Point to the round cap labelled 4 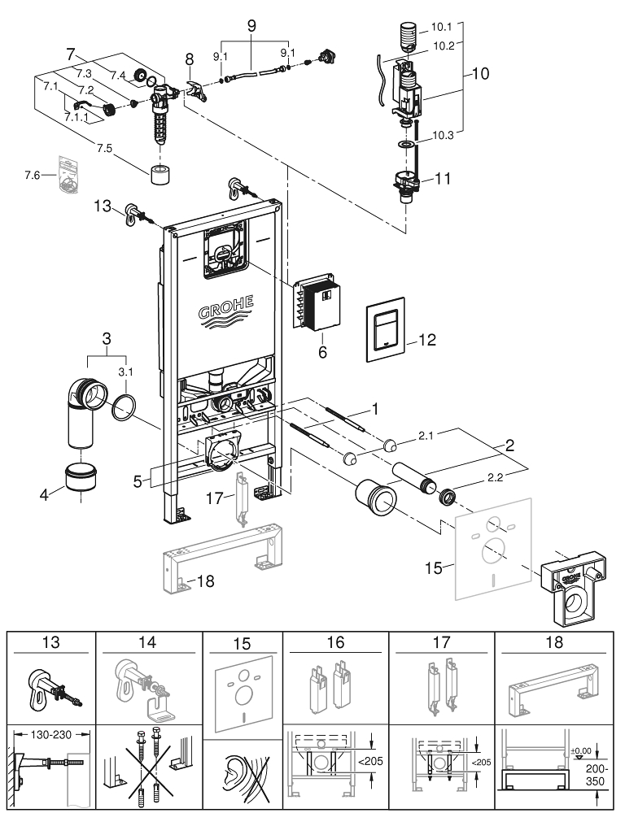click(x=81, y=477)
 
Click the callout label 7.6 click(x=33, y=175)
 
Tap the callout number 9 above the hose click(x=252, y=25)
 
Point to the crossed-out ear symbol click(x=242, y=776)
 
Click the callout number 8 click(x=190, y=59)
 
